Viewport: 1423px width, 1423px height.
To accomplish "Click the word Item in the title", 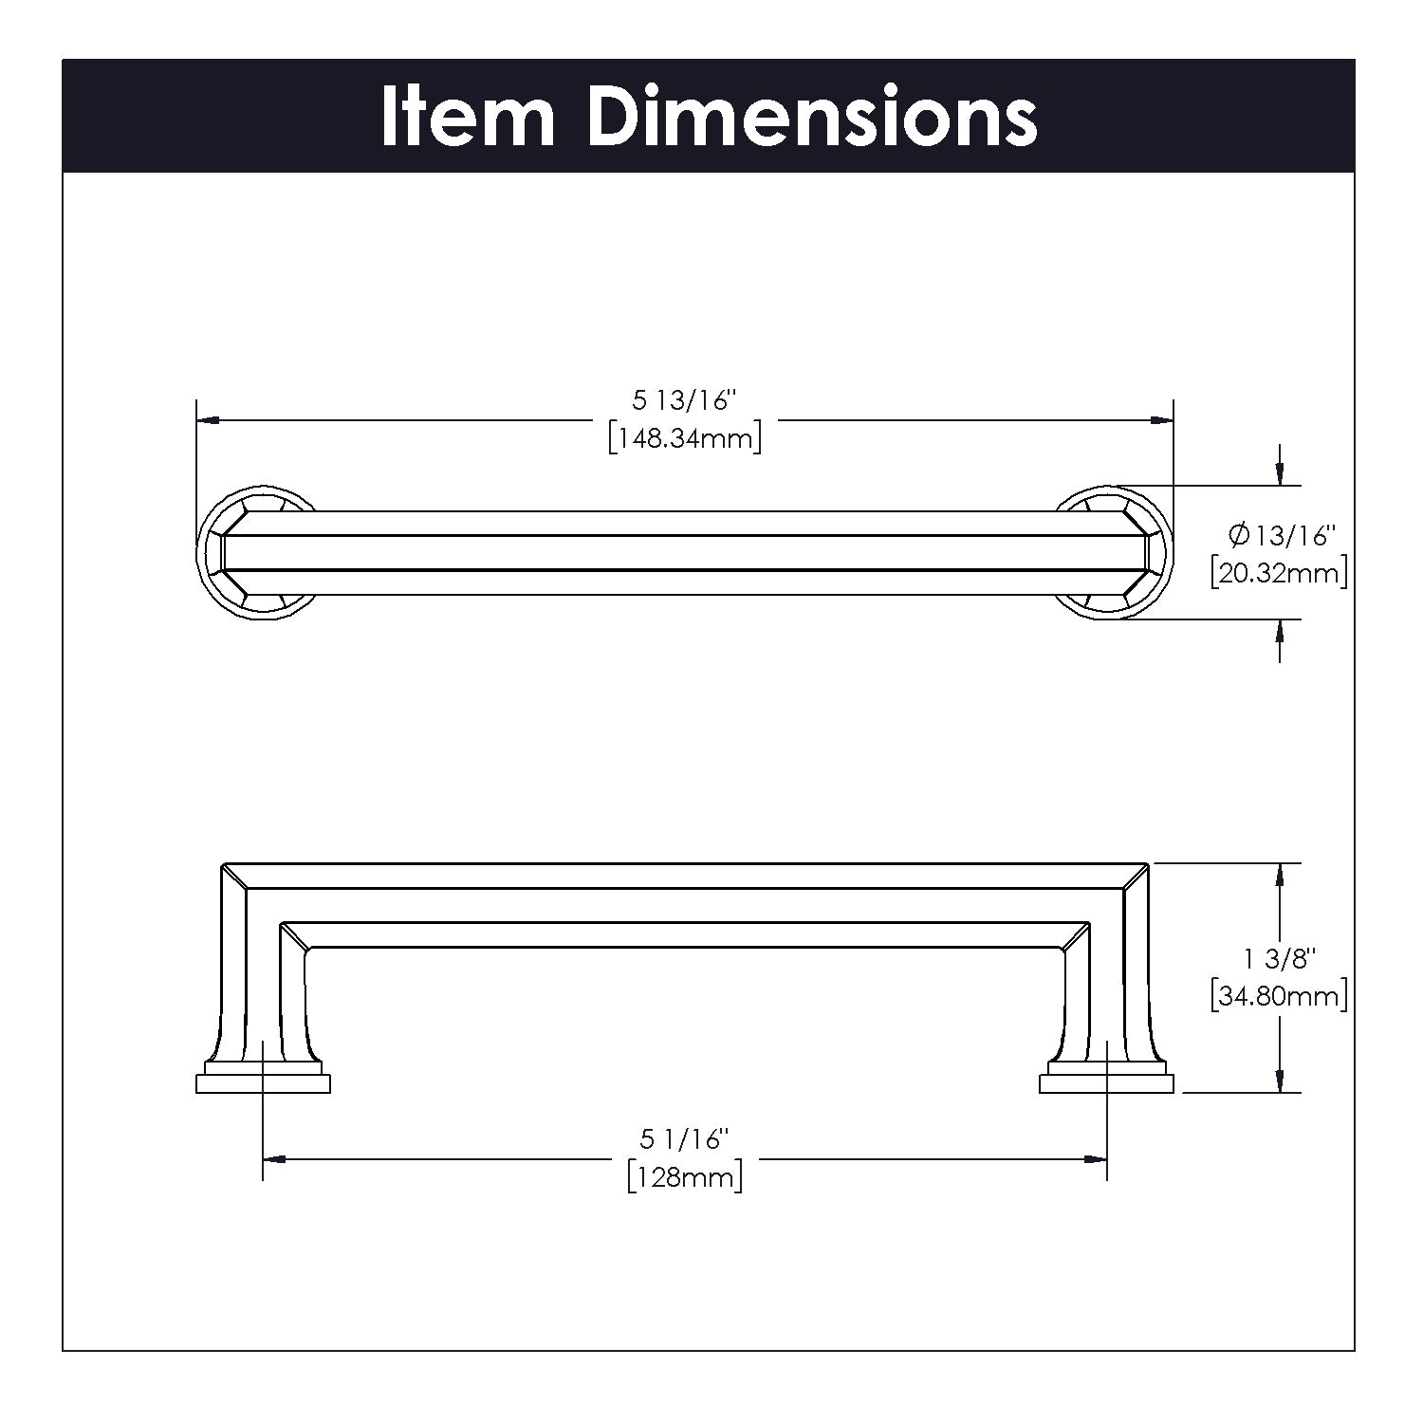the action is [x=468, y=117].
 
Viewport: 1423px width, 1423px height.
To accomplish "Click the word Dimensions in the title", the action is [x=812, y=117].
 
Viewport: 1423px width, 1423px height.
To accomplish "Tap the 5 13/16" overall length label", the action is [x=685, y=400].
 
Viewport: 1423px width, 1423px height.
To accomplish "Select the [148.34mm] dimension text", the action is [x=685, y=438].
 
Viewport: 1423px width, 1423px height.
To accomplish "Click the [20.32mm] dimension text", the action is [x=1279, y=573].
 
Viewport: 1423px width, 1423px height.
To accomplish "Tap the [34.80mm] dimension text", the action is [x=1279, y=997].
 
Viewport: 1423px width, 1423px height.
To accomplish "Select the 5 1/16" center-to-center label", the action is [x=685, y=1138].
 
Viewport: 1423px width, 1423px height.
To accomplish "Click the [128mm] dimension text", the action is [x=685, y=1177].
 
